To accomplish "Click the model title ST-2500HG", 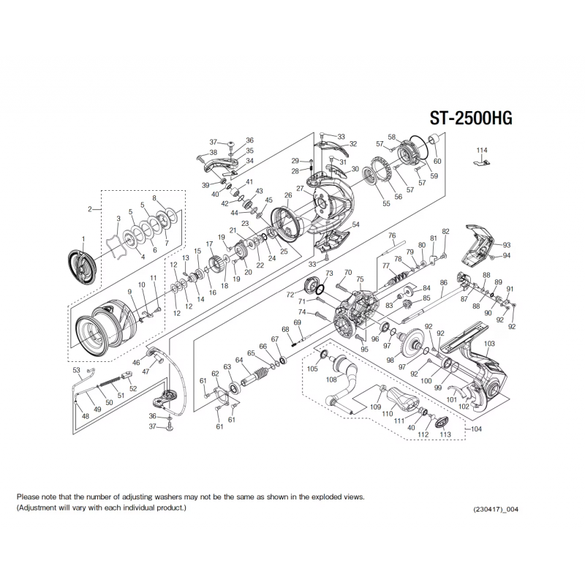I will coord(476,121).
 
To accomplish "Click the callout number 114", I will coord(480,151).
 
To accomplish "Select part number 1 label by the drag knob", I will coord(83,239).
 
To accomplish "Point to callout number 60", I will coord(437,161).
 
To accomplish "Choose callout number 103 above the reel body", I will coord(490,344).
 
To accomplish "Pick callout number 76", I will coord(392,235).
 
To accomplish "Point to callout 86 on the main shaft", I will coord(443,282).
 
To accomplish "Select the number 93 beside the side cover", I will coord(506,245).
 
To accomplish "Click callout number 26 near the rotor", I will coord(288,195).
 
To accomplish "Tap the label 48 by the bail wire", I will coord(86,416).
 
